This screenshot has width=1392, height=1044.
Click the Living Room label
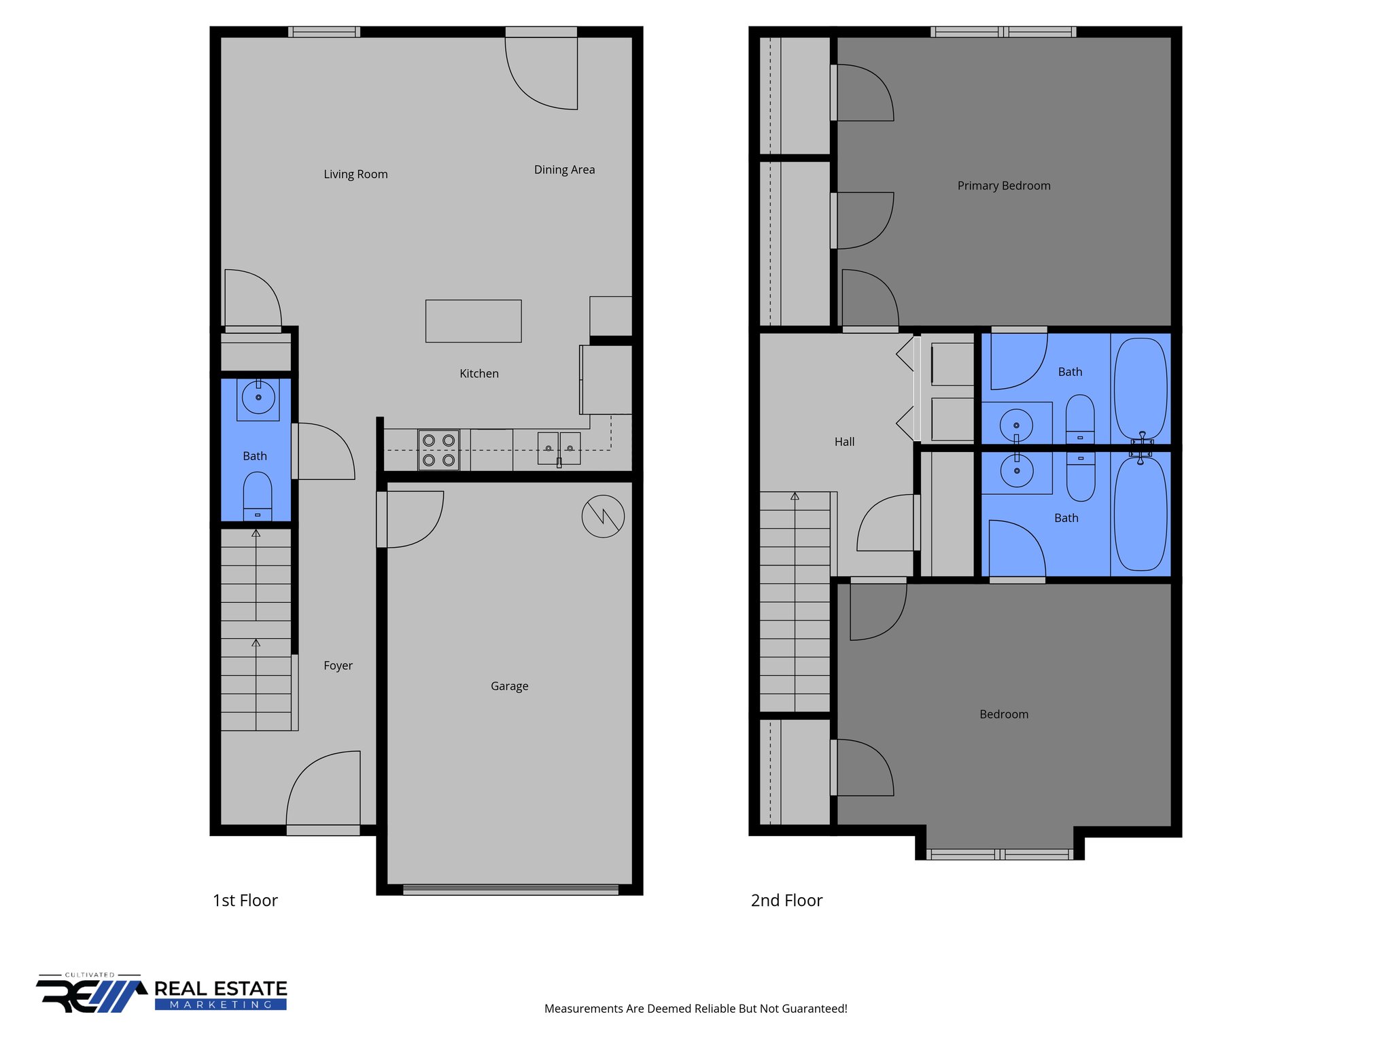pos(355,174)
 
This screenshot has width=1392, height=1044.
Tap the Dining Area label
pos(564,169)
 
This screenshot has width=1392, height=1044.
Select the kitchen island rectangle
pos(473,321)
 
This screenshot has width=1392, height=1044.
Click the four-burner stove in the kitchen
pos(438,450)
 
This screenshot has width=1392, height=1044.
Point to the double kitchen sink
pos(559,449)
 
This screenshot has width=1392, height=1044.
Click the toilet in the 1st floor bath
pos(258,495)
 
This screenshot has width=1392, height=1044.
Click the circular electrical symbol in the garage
pos(603,517)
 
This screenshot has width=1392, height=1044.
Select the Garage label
pos(509,686)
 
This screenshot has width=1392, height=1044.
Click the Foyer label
pos(338,665)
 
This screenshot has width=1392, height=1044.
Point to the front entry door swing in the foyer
pos(324,788)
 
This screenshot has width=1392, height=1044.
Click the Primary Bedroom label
pos(1003,186)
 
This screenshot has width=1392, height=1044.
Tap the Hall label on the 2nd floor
pos(844,442)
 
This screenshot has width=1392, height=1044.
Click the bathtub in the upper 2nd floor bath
pos(1141,387)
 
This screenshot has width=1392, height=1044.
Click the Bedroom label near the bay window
pos(1003,714)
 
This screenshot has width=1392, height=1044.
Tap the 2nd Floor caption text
pos(786,901)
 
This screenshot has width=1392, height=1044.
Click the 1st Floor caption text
pos(245,901)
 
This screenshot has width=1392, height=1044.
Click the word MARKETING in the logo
pos(221,1005)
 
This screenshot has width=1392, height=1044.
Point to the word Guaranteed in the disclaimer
pos(816,1009)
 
